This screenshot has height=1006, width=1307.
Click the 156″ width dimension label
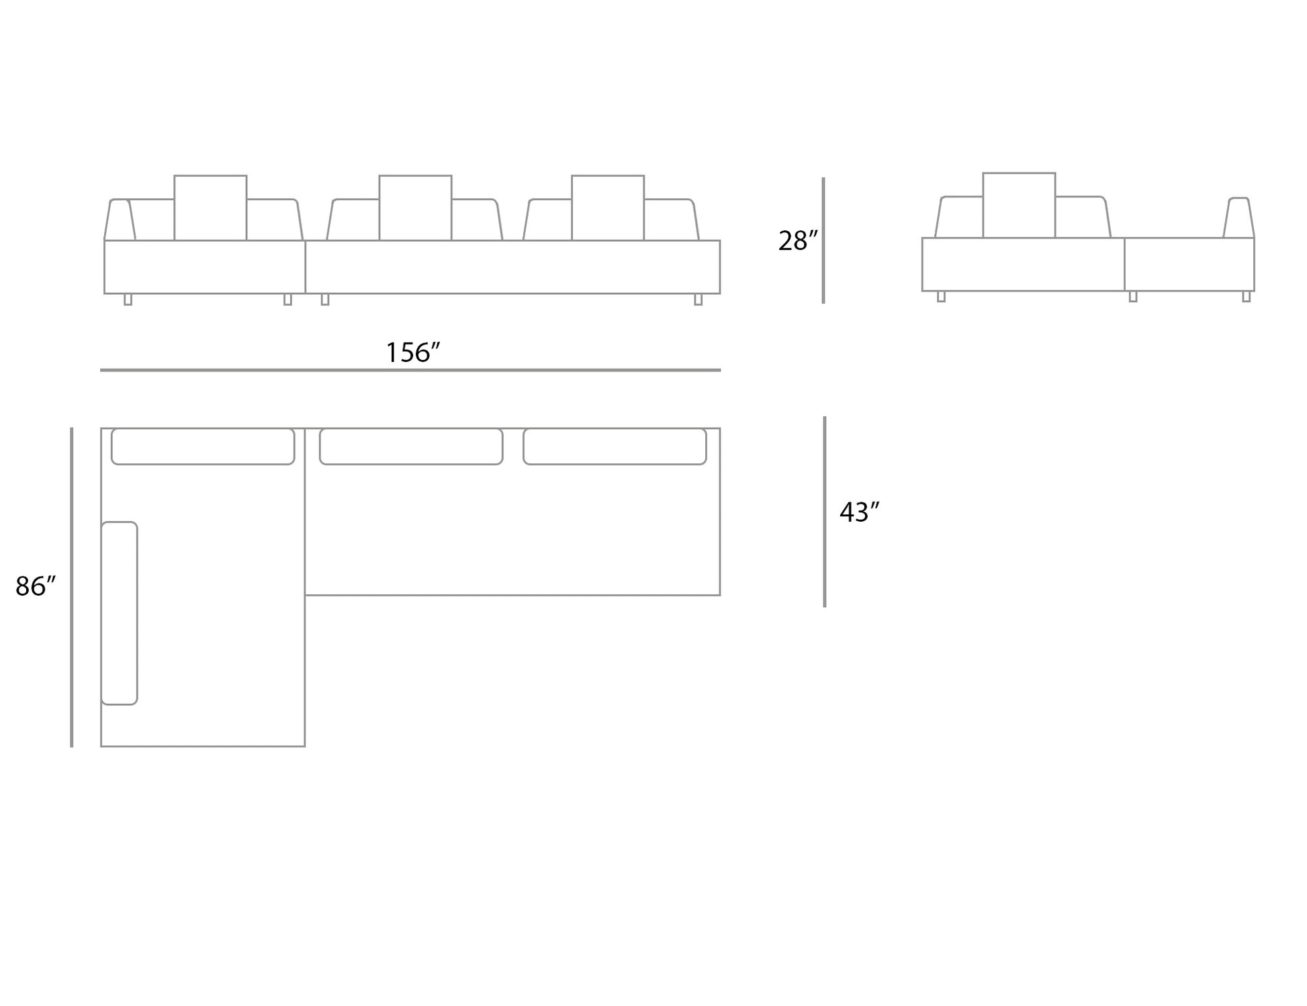pyautogui.click(x=413, y=353)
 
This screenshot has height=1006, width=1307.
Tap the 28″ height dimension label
pyautogui.click(x=798, y=240)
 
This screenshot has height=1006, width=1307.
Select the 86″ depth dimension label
pyautogui.click(x=36, y=586)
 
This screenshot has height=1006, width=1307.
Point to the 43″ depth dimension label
pyautogui.click(x=859, y=512)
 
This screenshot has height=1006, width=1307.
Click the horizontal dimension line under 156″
pyautogui.click(x=410, y=370)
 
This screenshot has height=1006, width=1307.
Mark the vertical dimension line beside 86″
pyautogui.click(x=72, y=587)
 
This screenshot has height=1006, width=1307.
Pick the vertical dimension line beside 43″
pyautogui.click(x=825, y=512)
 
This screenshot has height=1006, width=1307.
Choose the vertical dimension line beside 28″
pyautogui.click(x=823, y=240)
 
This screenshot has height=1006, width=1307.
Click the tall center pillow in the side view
pyautogui.click(x=1019, y=205)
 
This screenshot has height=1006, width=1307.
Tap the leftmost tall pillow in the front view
pyautogui.click(x=210, y=208)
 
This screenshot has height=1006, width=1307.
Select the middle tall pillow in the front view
pyautogui.click(x=415, y=208)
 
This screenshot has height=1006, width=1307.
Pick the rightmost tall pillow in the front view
pyautogui.click(x=608, y=208)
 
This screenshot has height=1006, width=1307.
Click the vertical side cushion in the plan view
pyautogui.click(x=120, y=613)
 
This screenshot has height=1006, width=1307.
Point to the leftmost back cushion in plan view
pyautogui.click(x=203, y=447)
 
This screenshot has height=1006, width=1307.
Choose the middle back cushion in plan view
pyautogui.click(x=411, y=447)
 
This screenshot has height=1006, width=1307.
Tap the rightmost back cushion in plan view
pyautogui.click(x=615, y=447)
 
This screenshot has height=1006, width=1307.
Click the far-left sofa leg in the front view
pyautogui.click(x=128, y=300)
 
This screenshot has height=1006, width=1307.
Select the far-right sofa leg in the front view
pyautogui.click(x=698, y=300)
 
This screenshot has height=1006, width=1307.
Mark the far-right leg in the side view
pyautogui.click(x=1247, y=297)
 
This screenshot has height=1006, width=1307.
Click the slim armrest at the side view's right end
pyautogui.click(x=1238, y=218)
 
